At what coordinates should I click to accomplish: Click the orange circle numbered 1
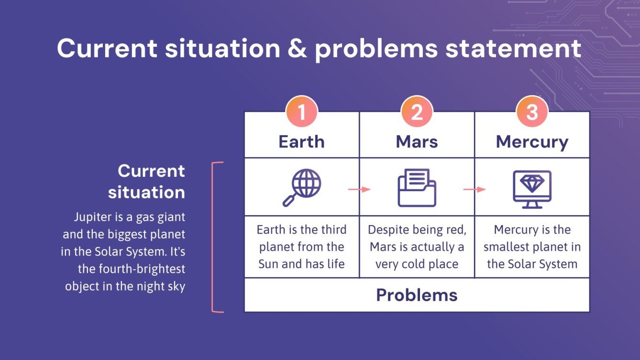click(302, 111)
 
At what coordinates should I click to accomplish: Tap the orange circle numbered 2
click(417, 111)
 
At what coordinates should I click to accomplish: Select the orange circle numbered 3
click(532, 111)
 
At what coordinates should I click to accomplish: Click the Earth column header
click(302, 142)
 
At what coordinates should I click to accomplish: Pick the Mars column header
click(417, 142)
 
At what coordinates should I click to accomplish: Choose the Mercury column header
click(532, 142)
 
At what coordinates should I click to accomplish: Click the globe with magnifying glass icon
click(302, 187)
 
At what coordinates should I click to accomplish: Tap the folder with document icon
click(417, 187)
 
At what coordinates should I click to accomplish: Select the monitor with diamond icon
click(532, 189)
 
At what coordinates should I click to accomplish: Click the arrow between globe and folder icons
click(359, 189)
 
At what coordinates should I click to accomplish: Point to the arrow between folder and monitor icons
click(474, 189)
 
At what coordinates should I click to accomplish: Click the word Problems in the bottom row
click(417, 295)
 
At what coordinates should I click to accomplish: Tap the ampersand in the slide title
click(297, 48)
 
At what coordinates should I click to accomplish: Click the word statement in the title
click(513, 49)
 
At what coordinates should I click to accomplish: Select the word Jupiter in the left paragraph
click(93, 218)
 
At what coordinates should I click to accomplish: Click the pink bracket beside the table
click(212, 237)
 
